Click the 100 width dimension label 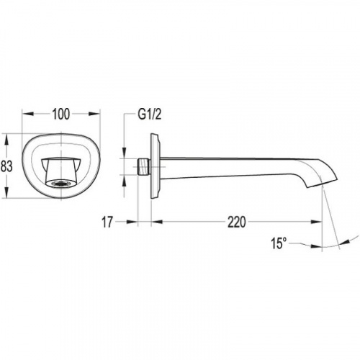(x=61, y=114)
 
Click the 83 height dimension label (x=6, y=166)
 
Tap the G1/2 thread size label (x=149, y=114)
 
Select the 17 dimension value (x=107, y=222)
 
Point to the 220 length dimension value (x=237, y=222)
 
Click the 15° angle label (x=278, y=243)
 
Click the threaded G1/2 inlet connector (x=144, y=166)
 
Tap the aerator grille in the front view (x=61, y=184)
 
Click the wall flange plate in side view (x=155, y=166)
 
